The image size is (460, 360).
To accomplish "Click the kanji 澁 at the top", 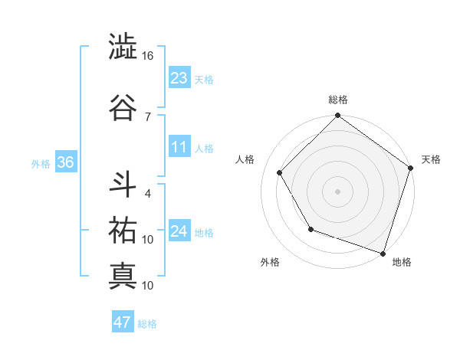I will pyautogui.click(x=123, y=47).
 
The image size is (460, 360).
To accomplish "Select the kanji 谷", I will pyautogui.click(x=123, y=105).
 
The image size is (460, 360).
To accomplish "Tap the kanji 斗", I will pyautogui.click(x=123, y=184).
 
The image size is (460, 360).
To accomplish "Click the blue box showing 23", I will pyautogui.click(x=179, y=77).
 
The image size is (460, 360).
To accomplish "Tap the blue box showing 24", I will pyautogui.click(x=179, y=231).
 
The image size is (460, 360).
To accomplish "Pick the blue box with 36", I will pyautogui.click(x=65, y=162).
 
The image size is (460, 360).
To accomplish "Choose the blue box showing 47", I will pyautogui.click(x=123, y=322).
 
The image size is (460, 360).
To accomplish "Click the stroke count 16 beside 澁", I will pyautogui.click(x=148, y=56).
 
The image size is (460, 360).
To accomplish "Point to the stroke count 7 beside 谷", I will pyautogui.click(x=147, y=116).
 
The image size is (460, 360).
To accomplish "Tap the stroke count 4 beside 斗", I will pyautogui.click(x=147, y=193).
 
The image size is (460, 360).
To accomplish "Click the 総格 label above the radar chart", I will pyautogui.click(x=338, y=100).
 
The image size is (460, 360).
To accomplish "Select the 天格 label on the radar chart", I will pyautogui.click(x=431, y=159).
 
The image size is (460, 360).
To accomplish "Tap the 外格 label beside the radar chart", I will pyautogui.click(x=270, y=262).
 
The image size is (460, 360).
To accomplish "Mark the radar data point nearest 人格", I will pyautogui.click(x=280, y=172).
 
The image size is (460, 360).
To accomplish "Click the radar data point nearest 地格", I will pyautogui.click(x=383, y=253).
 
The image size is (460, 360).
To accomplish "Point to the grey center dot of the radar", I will pyautogui.click(x=338, y=191).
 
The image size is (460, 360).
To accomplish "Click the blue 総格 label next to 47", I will pyautogui.click(x=147, y=324).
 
